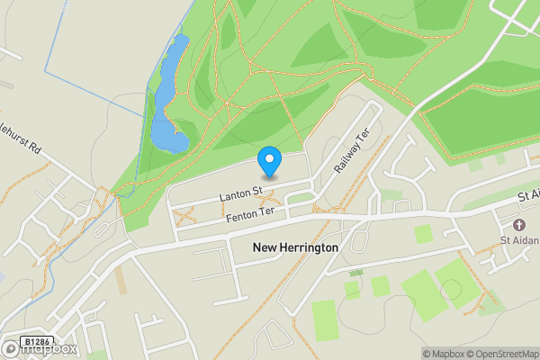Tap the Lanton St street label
(239, 193)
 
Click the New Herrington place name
(295, 247)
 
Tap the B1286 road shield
(36, 342)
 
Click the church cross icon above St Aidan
(518, 224)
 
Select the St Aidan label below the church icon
(520, 239)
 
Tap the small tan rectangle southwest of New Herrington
(122, 281)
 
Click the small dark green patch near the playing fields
(356, 272)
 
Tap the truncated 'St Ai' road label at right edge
(527, 196)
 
